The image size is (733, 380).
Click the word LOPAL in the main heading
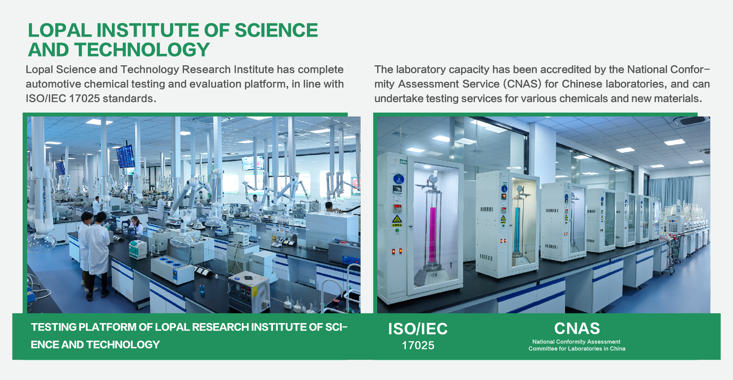coord(60,30)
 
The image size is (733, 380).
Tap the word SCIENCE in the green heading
coord(276,30)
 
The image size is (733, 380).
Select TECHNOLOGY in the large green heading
coord(142,50)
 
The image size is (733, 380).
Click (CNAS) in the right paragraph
coord(522,84)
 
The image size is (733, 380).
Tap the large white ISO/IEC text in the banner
coord(418,329)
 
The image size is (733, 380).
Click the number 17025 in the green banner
coord(418,345)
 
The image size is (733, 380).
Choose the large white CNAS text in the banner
coord(577,328)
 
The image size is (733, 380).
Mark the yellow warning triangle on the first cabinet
coord(397,219)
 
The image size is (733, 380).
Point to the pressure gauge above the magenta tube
coord(433,179)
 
